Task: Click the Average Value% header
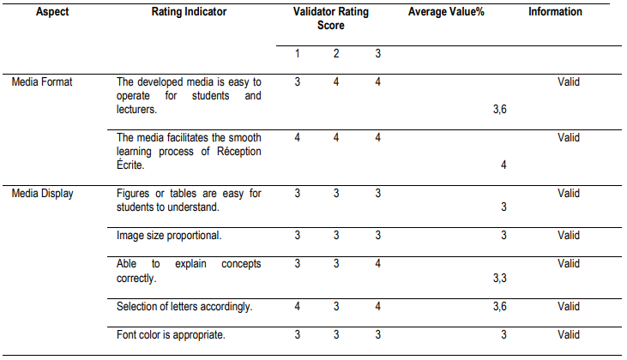(x=447, y=12)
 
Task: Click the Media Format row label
(x=41, y=82)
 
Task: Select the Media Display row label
(x=43, y=194)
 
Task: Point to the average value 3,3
(x=499, y=278)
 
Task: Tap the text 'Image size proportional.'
(x=168, y=235)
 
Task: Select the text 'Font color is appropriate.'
(x=171, y=334)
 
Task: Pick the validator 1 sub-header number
(x=297, y=53)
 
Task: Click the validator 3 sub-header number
(x=377, y=53)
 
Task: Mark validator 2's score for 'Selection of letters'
(x=336, y=306)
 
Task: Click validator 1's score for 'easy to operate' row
(x=297, y=82)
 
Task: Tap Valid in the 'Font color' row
(x=569, y=334)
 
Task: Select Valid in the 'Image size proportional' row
(x=569, y=235)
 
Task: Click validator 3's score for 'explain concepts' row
(x=377, y=264)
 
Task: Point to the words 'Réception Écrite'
(x=226, y=151)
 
